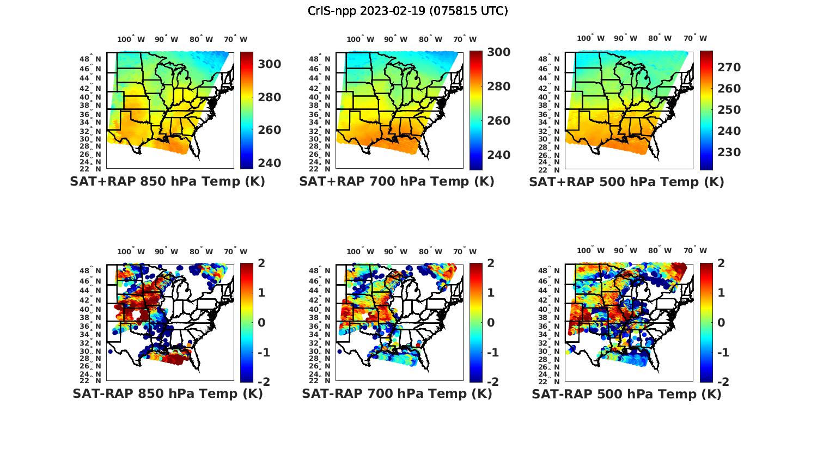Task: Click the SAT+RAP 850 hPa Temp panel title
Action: click(167, 182)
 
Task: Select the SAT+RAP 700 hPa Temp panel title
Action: click(397, 182)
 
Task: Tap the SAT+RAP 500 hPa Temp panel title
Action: click(626, 182)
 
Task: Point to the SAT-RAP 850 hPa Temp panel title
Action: click(167, 393)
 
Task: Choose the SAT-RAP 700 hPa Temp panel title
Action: click(397, 393)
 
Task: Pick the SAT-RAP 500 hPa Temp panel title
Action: click(626, 393)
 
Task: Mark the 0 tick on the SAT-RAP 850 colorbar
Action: click(261, 322)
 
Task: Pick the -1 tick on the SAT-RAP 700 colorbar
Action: click(492, 353)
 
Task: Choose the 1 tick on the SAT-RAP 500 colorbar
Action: click(721, 293)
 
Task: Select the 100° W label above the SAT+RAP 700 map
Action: click(360, 39)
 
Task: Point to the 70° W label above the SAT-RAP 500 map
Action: click(695, 251)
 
